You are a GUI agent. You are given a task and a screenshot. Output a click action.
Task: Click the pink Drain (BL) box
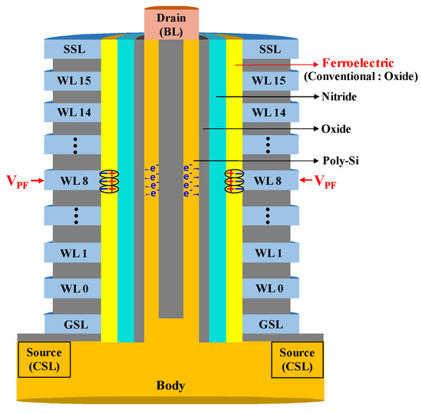tap(173, 21)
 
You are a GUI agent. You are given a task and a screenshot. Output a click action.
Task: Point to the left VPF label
tap(17, 183)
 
